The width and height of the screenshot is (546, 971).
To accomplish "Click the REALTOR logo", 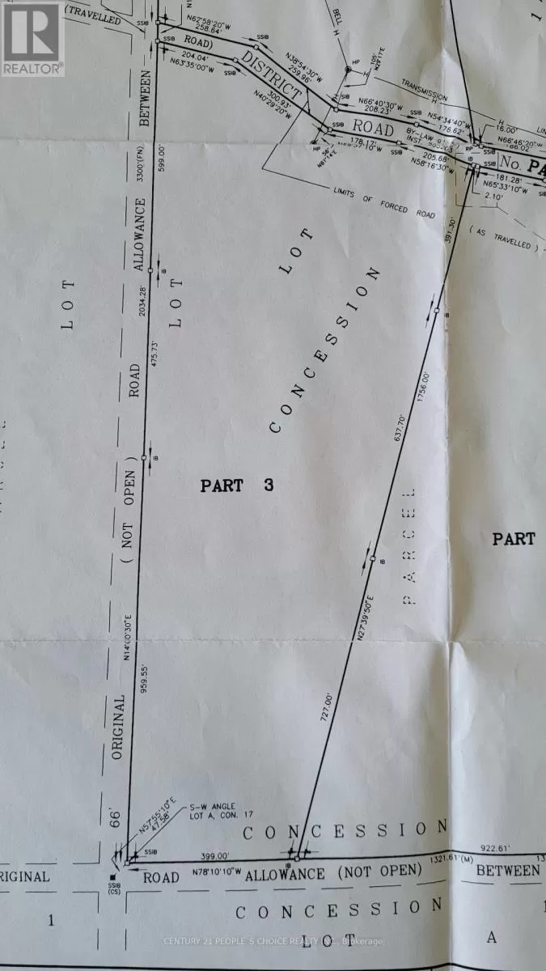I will pyautogui.click(x=32, y=39).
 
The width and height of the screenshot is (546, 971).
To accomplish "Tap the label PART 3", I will pyautogui.click(x=237, y=485).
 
